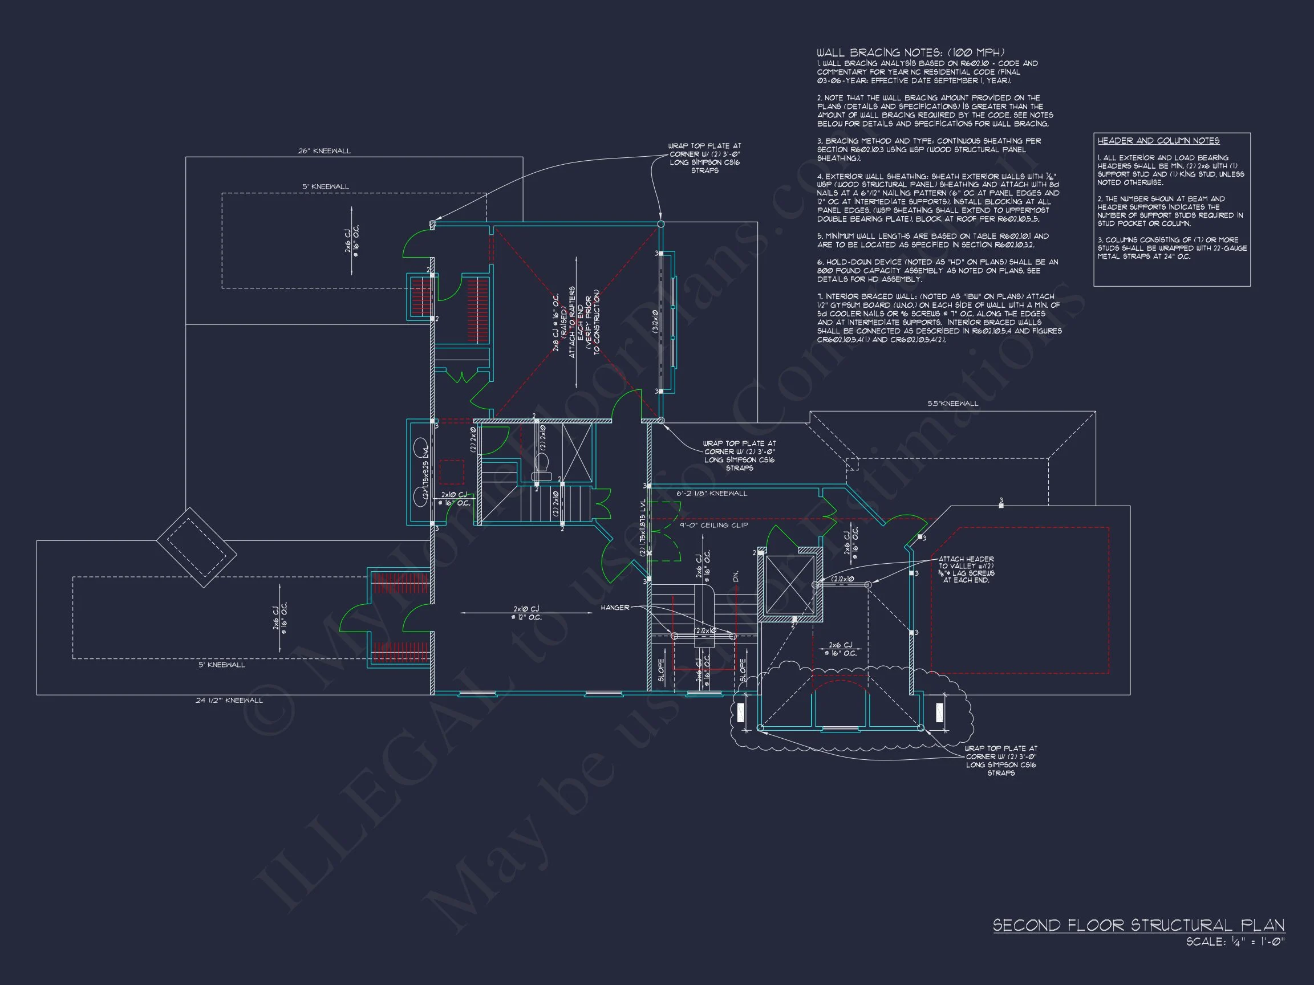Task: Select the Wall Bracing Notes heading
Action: [x=910, y=53]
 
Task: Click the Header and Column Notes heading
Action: [x=1158, y=141]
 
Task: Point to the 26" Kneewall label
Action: [x=325, y=151]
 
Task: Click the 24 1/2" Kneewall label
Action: [x=229, y=700]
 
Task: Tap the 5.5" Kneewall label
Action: [x=953, y=403]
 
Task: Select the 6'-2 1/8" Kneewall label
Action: [x=712, y=494]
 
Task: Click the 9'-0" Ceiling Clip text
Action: [x=714, y=525]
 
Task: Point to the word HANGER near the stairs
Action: [x=615, y=608]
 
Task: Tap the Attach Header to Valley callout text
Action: [x=967, y=569]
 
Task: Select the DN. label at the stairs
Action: [x=736, y=576]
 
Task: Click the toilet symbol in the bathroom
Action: [x=542, y=467]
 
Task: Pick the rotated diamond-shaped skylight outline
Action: [x=197, y=547]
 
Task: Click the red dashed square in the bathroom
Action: [x=452, y=473]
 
